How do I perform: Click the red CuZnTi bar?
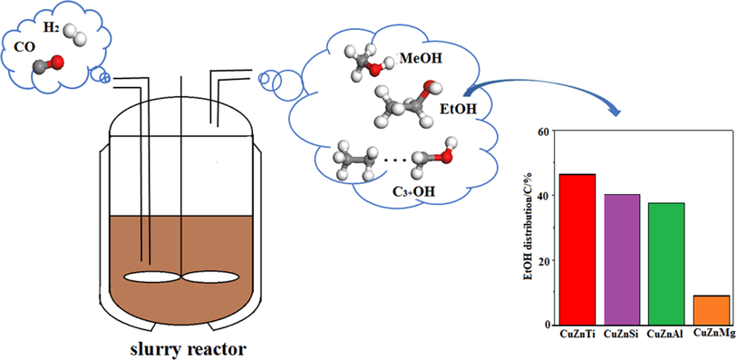pos(577,248)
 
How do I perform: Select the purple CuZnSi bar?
pos(621,258)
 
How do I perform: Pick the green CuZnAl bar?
pos(665,263)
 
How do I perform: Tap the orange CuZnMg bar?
pos(711,309)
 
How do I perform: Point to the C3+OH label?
pos(393,189)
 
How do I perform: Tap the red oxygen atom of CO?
pos(57,62)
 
